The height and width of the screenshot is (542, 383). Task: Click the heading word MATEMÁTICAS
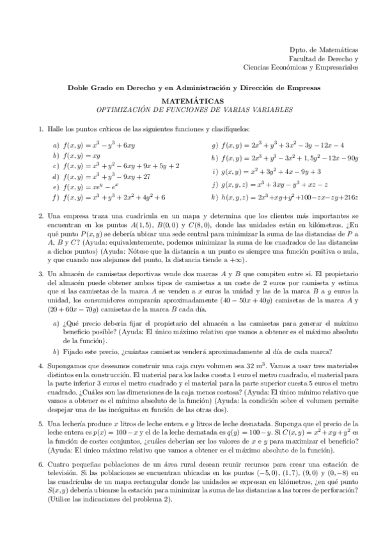192,101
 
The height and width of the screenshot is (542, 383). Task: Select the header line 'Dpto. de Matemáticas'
324,50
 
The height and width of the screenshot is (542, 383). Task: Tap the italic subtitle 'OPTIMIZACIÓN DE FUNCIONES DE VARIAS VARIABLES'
192,109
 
